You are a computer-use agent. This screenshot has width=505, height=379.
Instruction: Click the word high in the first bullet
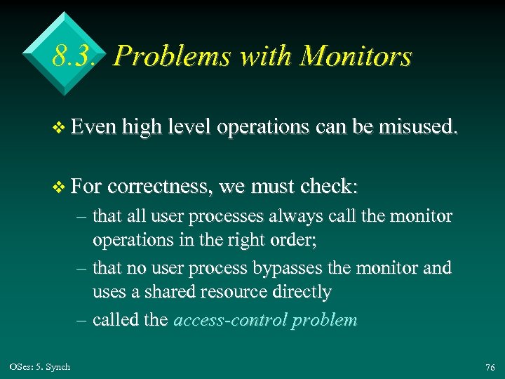pyautogui.click(x=138, y=127)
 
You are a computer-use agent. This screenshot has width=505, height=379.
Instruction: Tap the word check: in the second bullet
pyautogui.click(x=328, y=186)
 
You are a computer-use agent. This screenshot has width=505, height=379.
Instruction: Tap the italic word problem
pyautogui.click(x=325, y=320)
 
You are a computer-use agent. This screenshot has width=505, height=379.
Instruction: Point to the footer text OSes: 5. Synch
pyautogui.click(x=40, y=366)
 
